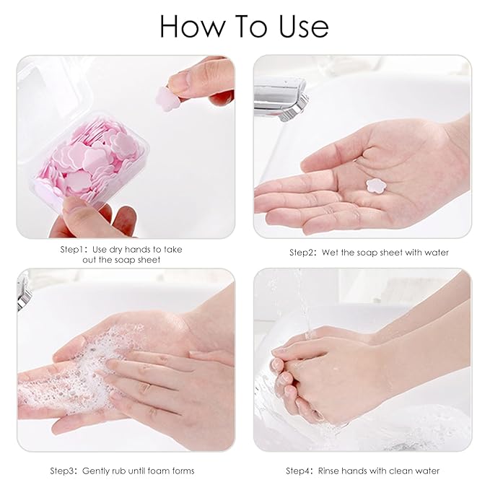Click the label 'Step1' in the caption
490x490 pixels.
(74, 250)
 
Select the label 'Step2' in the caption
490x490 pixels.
(303, 253)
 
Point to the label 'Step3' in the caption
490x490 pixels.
(64, 471)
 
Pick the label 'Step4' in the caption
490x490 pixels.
(299, 471)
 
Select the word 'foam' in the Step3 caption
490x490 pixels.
(159, 471)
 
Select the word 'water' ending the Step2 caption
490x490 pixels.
(435, 253)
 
